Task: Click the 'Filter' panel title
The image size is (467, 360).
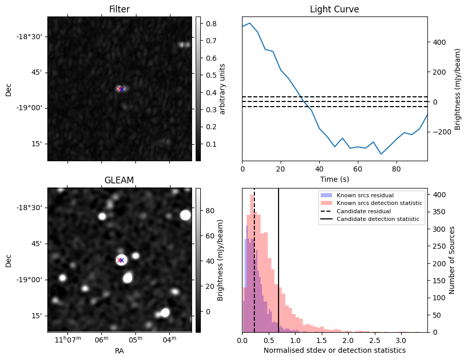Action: [x=119, y=9]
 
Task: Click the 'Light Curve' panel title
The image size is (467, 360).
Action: [x=334, y=9]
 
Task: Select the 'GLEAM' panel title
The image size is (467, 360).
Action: [x=119, y=180]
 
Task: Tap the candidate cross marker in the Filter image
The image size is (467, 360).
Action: [x=120, y=89]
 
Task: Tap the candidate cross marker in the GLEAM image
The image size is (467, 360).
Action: [x=120, y=260]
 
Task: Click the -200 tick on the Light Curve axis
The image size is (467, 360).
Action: [x=438, y=132]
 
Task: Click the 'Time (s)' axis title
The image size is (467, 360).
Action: [x=334, y=179]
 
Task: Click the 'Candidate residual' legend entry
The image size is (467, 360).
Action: [x=363, y=212]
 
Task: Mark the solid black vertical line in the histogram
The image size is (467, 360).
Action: [x=279, y=258]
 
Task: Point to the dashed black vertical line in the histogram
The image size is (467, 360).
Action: [x=254, y=258]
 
